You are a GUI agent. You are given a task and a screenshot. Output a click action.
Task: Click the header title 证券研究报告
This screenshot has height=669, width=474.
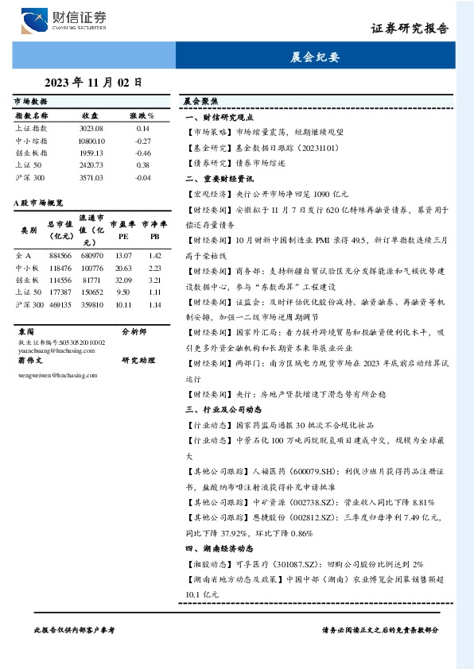coord(410,29)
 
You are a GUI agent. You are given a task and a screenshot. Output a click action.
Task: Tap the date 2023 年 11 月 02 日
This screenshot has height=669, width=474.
coord(93,82)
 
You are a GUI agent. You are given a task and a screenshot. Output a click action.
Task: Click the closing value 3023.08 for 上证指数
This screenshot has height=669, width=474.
coord(91,128)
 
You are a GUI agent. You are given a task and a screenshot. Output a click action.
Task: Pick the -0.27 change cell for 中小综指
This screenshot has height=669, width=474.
coord(143,140)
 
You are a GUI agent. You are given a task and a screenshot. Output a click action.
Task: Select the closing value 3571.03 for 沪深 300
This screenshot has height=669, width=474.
coord(91,177)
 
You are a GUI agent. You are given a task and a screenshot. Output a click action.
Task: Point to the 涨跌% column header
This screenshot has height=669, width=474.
coord(143,115)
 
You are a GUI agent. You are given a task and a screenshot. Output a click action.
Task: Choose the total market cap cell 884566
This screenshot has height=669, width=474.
coord(60,256)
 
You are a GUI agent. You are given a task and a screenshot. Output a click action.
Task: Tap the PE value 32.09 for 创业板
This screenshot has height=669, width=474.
coord(123,280)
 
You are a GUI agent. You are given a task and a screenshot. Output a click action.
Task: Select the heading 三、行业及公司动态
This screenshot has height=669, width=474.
coord(223,409)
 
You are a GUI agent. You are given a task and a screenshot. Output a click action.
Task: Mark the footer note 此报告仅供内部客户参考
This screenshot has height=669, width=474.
coord(75,628)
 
